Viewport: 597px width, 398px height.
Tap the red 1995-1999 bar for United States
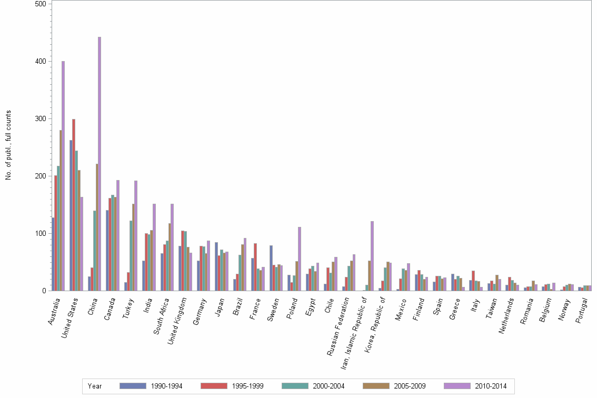click(74, 205)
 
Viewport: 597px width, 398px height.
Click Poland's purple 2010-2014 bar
click(300, 258)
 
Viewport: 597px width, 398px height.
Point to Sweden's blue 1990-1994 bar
click(271, 268)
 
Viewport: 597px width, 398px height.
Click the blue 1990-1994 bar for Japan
click(216, 266)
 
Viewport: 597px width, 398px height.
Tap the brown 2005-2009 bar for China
click(97, 227)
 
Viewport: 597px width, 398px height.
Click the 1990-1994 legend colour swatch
click(132, 386)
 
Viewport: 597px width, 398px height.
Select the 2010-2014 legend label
click(491, 386)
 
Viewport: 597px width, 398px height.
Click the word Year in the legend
click(95, 386)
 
